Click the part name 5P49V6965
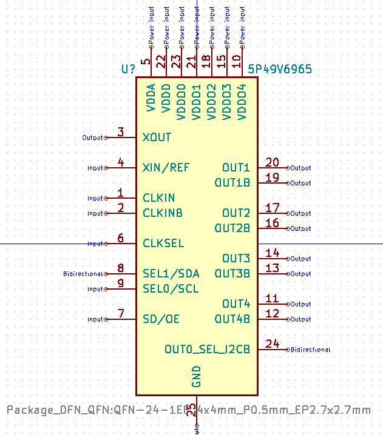coord(280,69)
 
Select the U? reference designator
coord(128,69)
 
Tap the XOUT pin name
coord(157,138)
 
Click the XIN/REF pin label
coord(166,168)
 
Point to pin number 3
coord(121,132)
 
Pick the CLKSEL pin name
coord(163,244)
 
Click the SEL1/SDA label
coord(171,274)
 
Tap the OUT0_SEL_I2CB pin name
coord(207,350)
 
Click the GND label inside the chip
coord(196,376)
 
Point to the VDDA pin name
coord(151,98)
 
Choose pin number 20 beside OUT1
coord(273,162)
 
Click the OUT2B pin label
coord(232,228)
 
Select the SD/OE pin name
coord(161,319)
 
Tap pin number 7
coord(121,314)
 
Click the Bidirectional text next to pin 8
coord(83,274)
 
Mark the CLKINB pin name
coord(163,213)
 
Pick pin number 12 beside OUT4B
coord(273,314)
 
